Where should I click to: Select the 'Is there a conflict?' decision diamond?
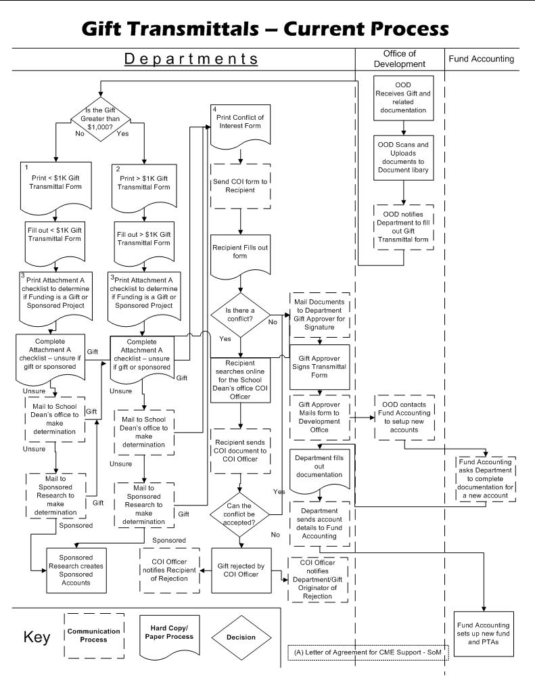[242, 314]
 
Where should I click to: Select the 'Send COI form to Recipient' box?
[241, 185]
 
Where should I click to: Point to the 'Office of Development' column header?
[399, 58]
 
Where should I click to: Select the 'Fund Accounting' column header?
[481, 59]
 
